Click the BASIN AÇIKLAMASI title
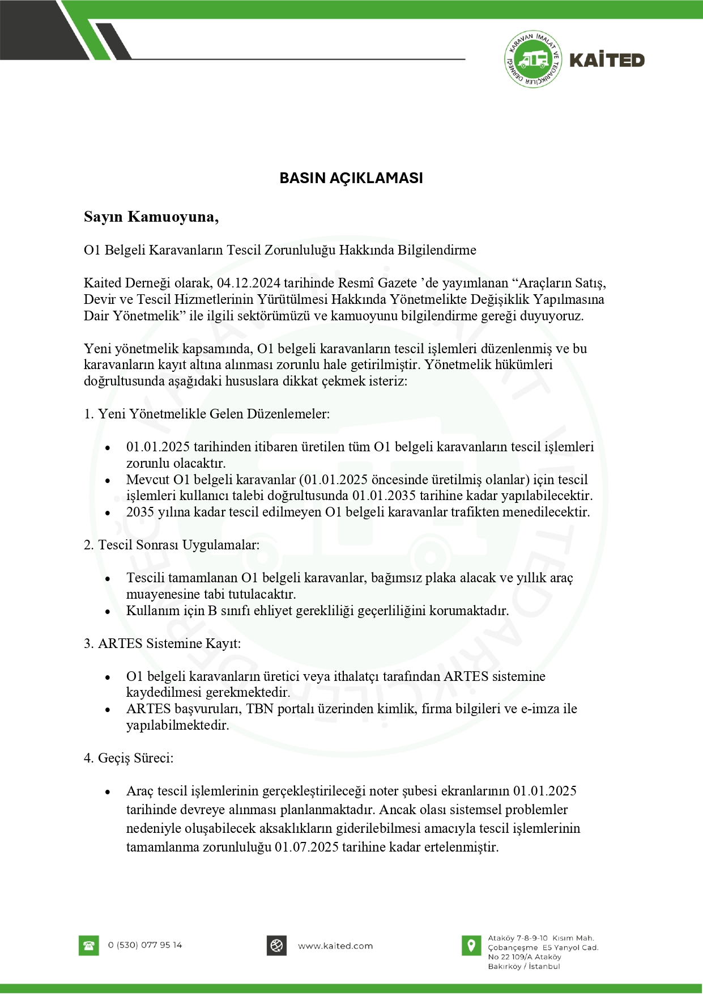[351, 178]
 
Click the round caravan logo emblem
[532, 60]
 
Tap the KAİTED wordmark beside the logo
[607, 60]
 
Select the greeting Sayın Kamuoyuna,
[151, 217]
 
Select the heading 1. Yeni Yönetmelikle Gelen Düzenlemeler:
[207, 414]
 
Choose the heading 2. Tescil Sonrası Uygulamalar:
[172, 545]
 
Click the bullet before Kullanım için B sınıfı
[108, 612]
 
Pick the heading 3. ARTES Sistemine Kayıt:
[163, 643]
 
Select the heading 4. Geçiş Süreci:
[129, 758]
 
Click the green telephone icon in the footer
[88, 946]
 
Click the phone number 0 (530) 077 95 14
[145, 945]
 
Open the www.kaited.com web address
[335, 946]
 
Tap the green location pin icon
[471, 945]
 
